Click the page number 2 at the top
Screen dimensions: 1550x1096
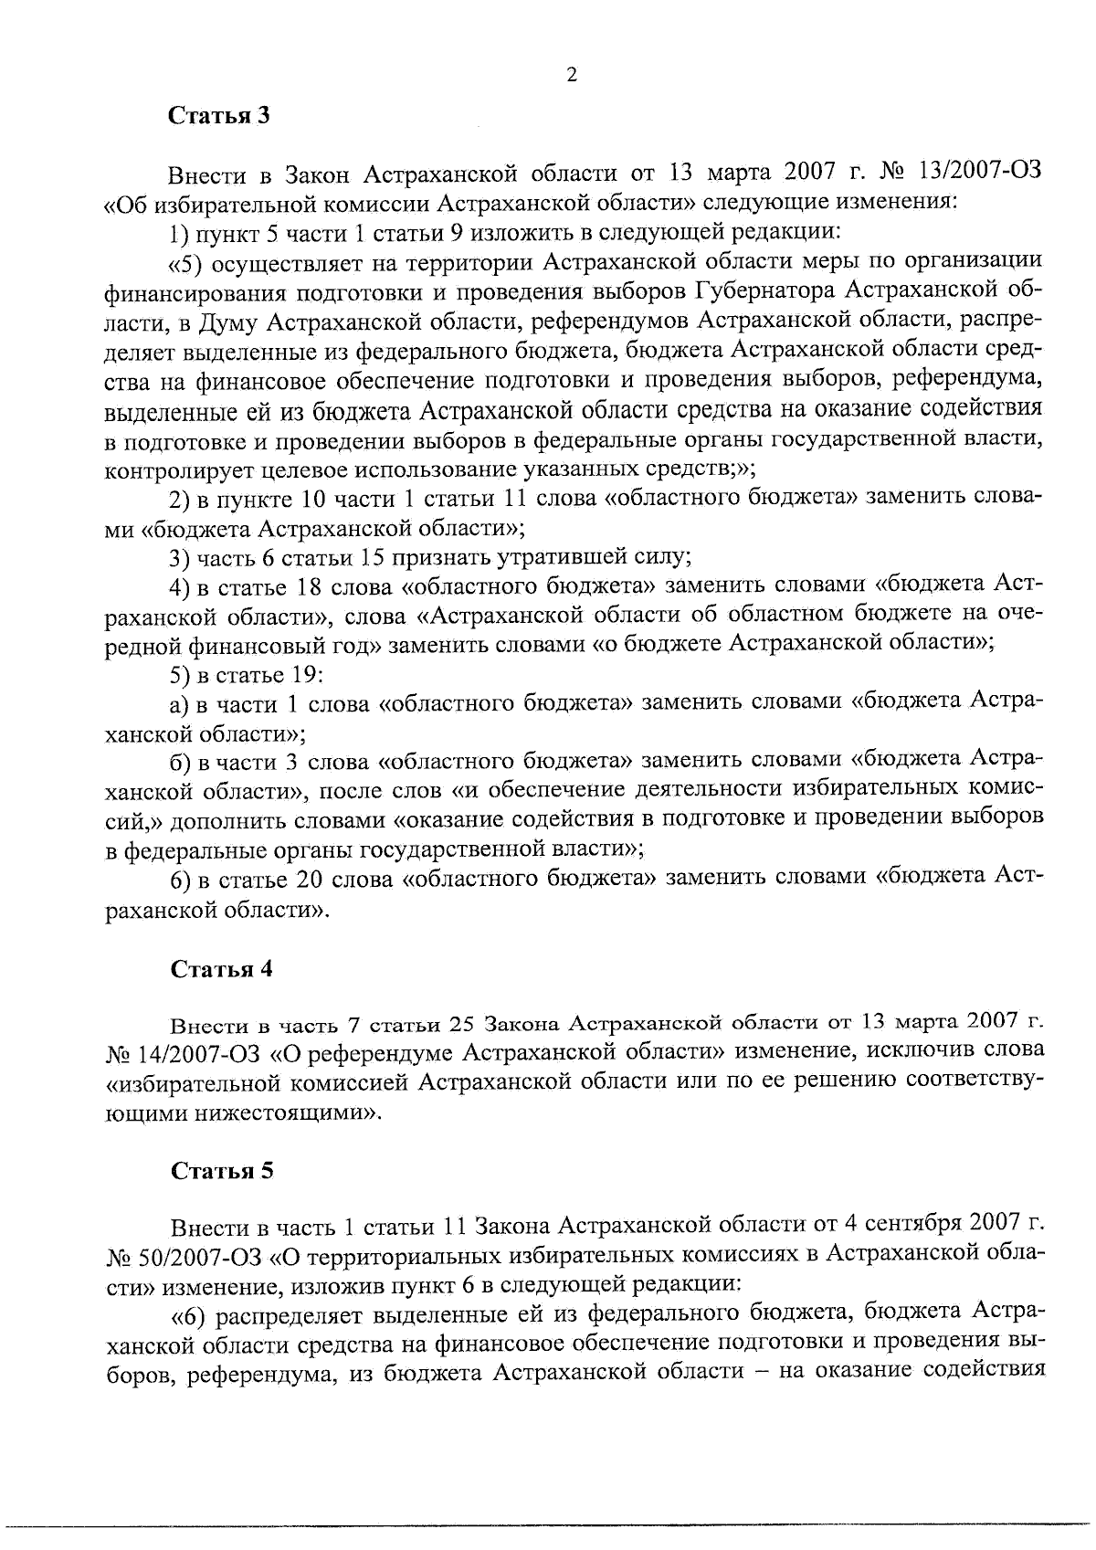click(x=572, y=76)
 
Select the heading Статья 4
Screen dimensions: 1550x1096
click(x=222, y=969)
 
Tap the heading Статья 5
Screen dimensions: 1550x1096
click(x=222, y=1172)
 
